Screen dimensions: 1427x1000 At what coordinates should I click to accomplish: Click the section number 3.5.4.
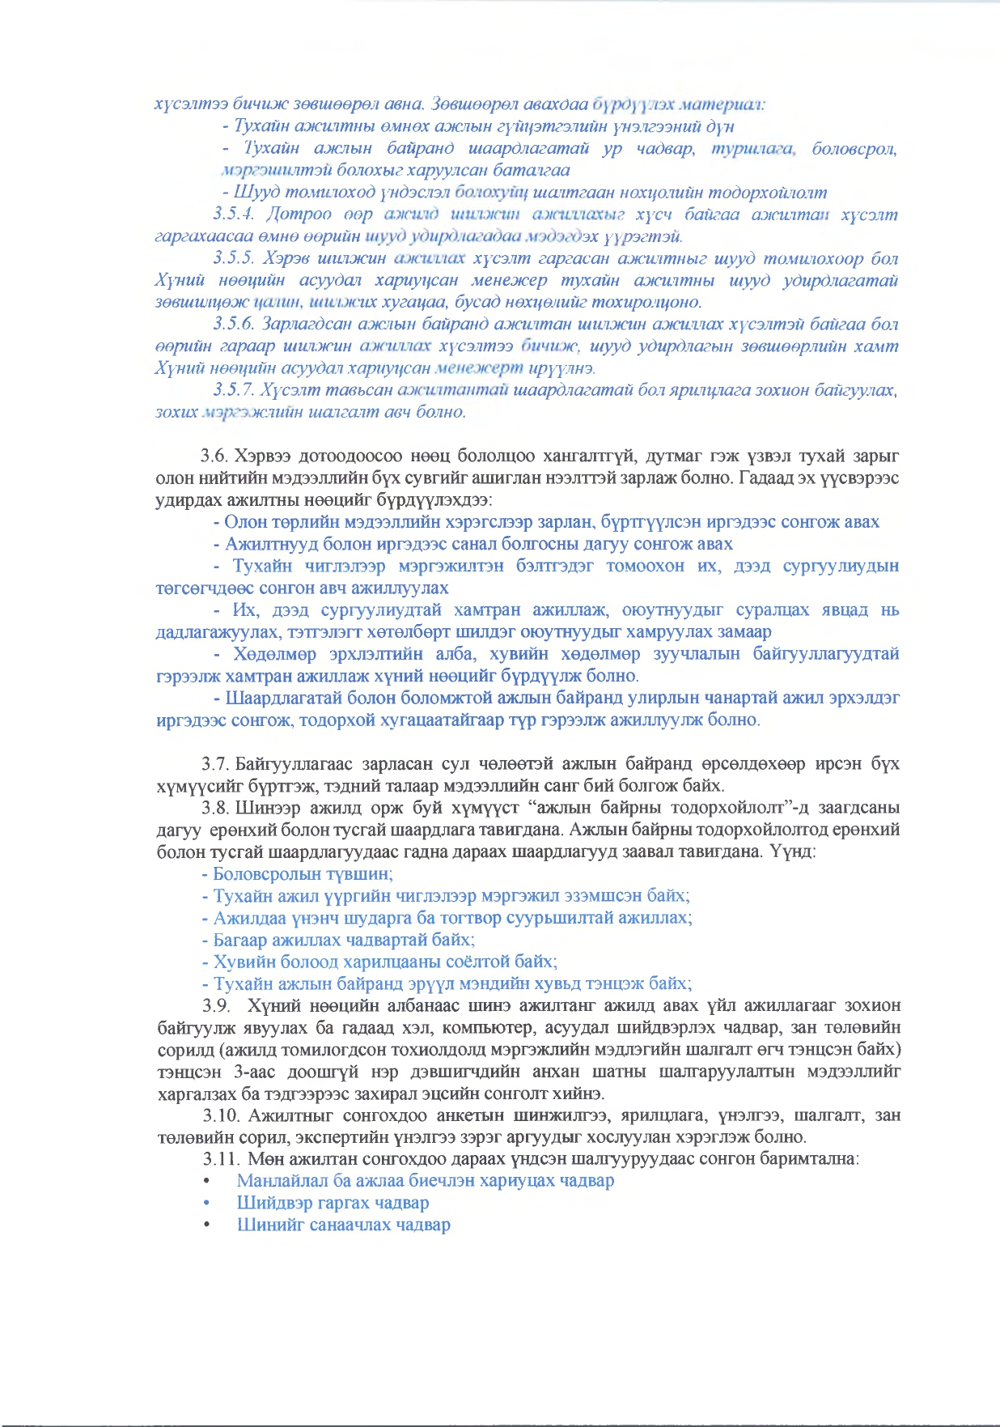tap(234, 214)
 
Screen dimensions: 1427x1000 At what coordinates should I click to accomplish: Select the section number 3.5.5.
tap(234, 259)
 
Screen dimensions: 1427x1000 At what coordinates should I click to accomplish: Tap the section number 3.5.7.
tap(234, 390)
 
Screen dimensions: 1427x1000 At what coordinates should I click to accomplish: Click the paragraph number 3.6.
tap(215, 457)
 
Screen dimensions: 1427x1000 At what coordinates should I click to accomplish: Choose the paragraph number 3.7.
tap(216, 764)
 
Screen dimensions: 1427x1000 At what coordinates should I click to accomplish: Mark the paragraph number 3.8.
tap(216, 808)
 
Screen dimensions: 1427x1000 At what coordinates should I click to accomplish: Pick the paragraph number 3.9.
tap(216, 1006)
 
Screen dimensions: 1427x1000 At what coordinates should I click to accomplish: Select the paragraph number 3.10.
tap(220, 1115)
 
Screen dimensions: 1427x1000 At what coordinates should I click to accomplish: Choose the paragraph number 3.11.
tap(220, 1159)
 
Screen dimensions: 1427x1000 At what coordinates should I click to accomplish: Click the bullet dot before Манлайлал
tap(208, 1182)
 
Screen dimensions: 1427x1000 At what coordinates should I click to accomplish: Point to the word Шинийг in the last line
tap(265, 1225)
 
